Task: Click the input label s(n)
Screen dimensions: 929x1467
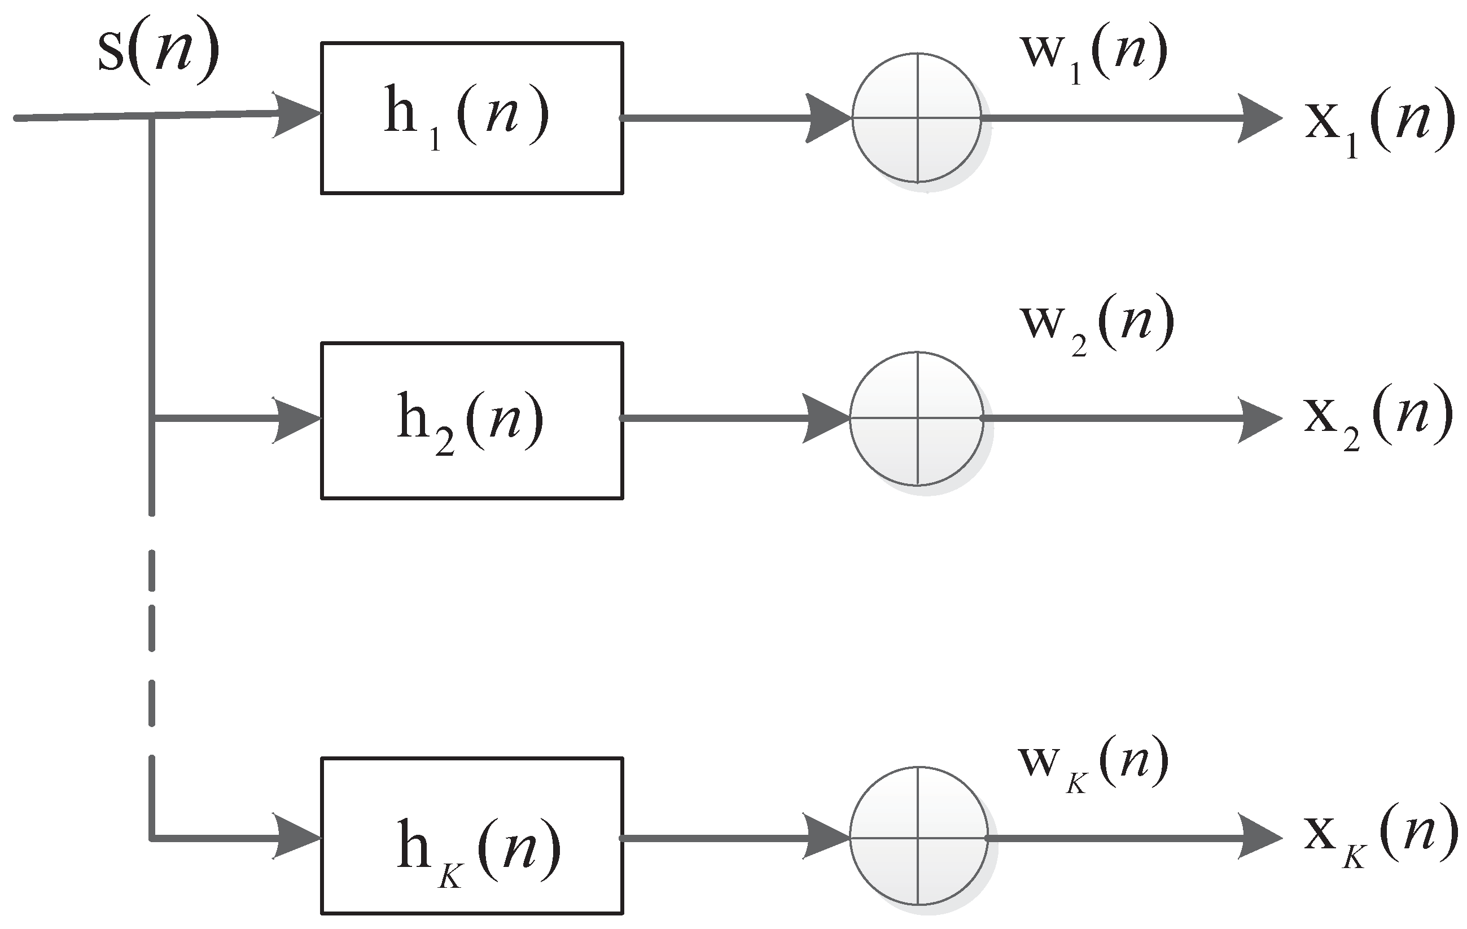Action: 159,56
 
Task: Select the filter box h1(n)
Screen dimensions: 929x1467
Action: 471,118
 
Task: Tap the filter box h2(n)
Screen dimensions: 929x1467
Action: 471,421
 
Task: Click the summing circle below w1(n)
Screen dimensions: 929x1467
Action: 917,118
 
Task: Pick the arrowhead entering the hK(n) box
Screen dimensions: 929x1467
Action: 297,837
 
